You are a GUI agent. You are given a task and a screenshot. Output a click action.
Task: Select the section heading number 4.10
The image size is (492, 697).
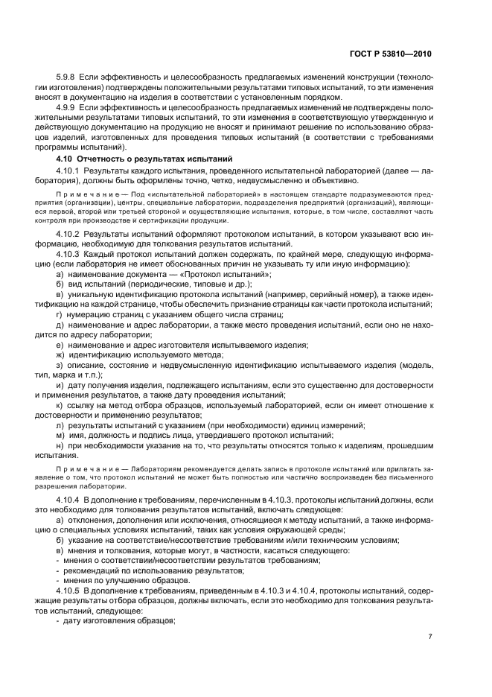(66, 159)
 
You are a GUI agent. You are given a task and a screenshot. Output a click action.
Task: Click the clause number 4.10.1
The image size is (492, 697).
(70, 171)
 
